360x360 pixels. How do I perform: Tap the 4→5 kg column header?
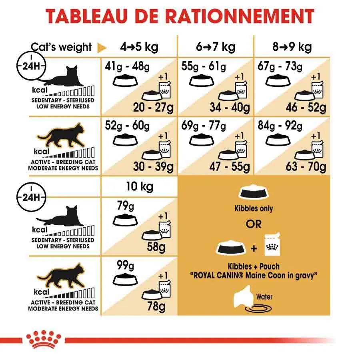click(x=139, y=47)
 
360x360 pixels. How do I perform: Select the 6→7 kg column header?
click(x=216, y=47)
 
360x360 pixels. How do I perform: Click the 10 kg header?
click(x=139, y=186)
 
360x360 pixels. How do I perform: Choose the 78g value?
click(x=156, y=307)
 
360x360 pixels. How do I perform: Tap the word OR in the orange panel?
click(x=253, y=224)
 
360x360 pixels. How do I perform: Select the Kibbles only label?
click(x=254, y=208)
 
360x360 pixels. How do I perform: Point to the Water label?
click(x=264, y=297)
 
